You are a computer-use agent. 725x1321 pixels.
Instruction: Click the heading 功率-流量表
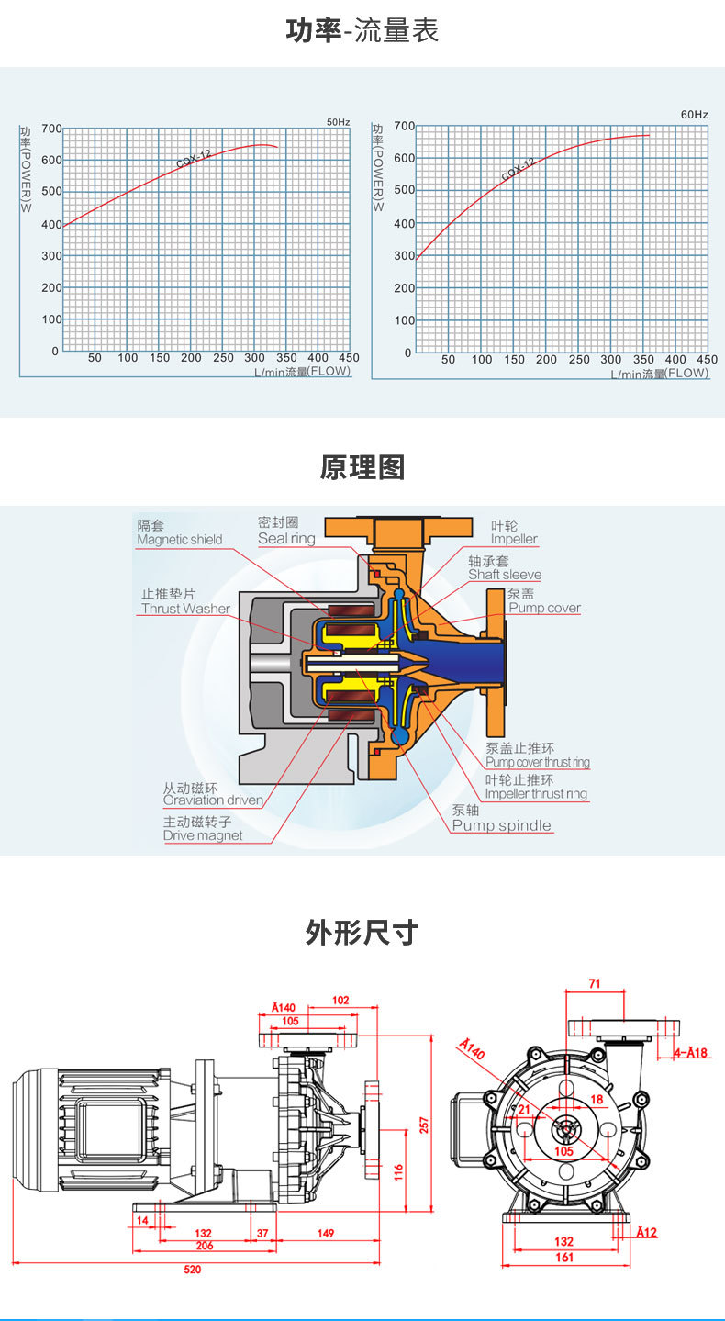click(x=362, y=31)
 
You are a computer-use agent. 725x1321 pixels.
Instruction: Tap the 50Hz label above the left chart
click(x=339, y=122)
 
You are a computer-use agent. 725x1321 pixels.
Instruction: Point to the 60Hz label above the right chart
click(x=695, y=115)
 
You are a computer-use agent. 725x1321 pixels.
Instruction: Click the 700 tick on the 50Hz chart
click(x=50, y=129)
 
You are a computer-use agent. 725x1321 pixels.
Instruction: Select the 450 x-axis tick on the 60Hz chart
click(x=707, y=360)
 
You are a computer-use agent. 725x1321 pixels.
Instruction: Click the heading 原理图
click(x=362, y=467)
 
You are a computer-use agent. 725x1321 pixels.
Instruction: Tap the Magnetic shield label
click(x=179, y=540)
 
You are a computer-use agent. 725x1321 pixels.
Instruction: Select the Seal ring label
click(x=286, y=539)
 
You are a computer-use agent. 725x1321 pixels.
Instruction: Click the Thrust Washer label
click(x=185, y=609)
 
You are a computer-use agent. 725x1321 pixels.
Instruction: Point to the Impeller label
click(x=514, y=540)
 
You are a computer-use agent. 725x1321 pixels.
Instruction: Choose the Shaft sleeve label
click(x=505, y=575)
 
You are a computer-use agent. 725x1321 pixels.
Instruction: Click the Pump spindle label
click(x=502, y=825)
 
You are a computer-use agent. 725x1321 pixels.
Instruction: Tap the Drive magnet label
click(x=203, y=835)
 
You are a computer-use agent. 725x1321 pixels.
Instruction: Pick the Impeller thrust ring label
click(x=536, y=794)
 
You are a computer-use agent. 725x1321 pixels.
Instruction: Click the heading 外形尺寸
click(x=362, y=933)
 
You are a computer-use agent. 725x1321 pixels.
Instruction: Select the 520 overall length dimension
click(x=192, y=1270)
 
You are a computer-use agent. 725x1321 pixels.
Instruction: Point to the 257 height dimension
click(x=424, y=1125)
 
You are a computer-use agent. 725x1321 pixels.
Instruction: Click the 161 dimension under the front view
click(x=564, y=1258)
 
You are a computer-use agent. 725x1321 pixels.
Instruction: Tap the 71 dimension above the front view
click(x=594, y=984)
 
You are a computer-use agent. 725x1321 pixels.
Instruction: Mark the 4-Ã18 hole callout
click(x=691, y=1053)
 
